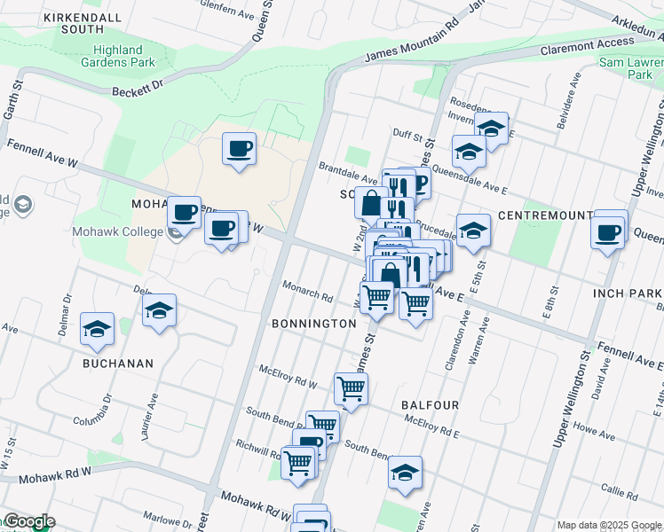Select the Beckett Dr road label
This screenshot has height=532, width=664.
[x=138, y=86]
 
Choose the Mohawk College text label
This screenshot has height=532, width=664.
[x=125, y=232]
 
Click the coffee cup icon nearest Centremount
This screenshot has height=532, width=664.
[x=608, y=232]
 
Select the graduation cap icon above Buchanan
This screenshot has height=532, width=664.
[x=96, y=330]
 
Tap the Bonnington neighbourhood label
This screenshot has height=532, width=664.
[x=314, y=324]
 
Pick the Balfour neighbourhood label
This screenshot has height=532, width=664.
[x=430, y=405]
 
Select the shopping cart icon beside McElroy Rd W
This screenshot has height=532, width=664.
[x=352, y=388]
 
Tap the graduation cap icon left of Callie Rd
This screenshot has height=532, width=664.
[x=405, y=473]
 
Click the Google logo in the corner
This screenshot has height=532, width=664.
[x=28, y=522]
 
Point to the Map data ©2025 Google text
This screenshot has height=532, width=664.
[x=609, y=525]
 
